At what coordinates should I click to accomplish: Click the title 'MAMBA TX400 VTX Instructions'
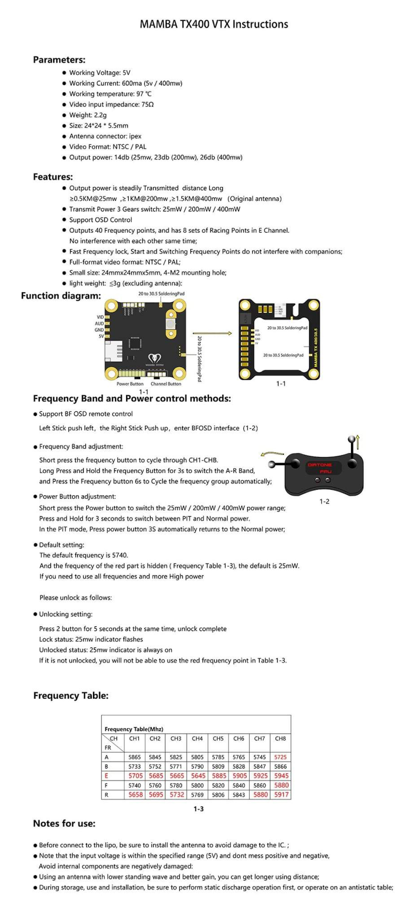click(x=214, y=24)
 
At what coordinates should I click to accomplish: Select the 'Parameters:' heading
click(x=59, y=60)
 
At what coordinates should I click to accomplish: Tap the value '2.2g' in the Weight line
click(x=100, y=115)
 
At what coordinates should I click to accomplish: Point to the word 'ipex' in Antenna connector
click(x=135, y=136)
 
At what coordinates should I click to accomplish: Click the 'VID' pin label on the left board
click(x=100, y=317)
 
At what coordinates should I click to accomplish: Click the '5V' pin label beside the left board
click(x=101, y=336)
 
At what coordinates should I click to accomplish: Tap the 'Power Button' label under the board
click(x=130, y=384)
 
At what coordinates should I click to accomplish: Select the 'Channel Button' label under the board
click(x=166, y=384)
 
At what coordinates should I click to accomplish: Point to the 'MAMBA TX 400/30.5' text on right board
click(x=315, y=347)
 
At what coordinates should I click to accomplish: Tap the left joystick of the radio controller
click(x=295, y=463)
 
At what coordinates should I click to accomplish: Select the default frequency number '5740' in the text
click(x=120, y=555)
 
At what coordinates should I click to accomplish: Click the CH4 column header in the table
click(x=197, y=738)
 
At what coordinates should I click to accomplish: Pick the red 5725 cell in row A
click(x=280, y=757)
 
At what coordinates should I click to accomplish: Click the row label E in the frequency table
click(x=107, y=775)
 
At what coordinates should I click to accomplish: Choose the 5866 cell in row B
click(x=280, y=766)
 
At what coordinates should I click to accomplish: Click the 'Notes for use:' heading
click(x=64, y=823)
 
